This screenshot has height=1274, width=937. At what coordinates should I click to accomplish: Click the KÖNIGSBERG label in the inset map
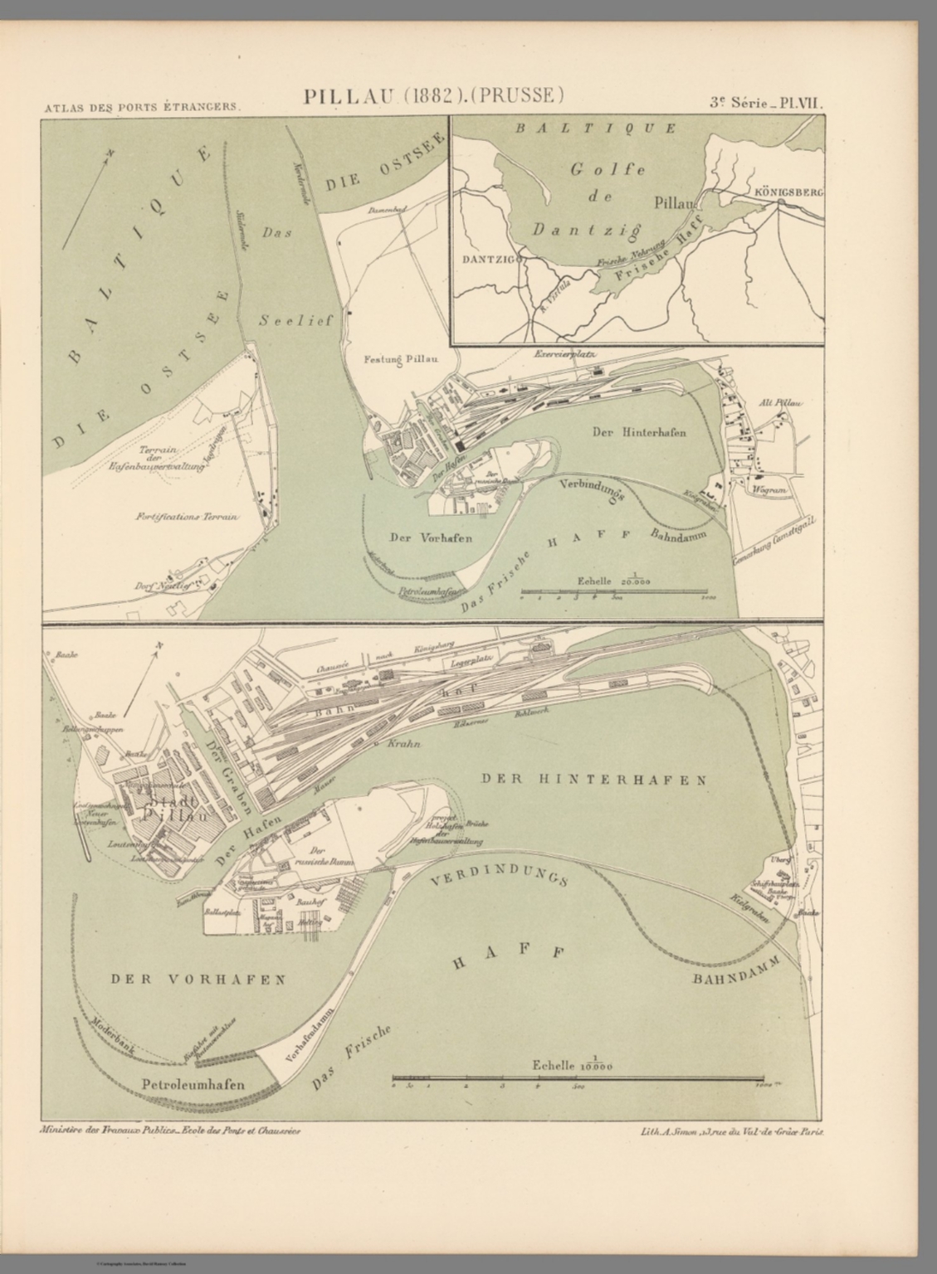788,192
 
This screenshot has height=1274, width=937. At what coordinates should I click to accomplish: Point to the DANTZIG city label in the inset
488,258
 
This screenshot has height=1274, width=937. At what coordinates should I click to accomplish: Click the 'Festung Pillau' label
401,360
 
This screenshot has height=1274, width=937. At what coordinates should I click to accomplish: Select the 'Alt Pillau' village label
780,403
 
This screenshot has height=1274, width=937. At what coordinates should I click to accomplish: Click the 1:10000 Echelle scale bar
578,1079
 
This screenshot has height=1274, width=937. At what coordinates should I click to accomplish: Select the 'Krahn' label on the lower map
404,744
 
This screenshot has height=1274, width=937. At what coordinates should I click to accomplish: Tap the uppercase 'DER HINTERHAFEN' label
593,780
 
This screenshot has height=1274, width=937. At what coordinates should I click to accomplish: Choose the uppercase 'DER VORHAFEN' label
198,979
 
